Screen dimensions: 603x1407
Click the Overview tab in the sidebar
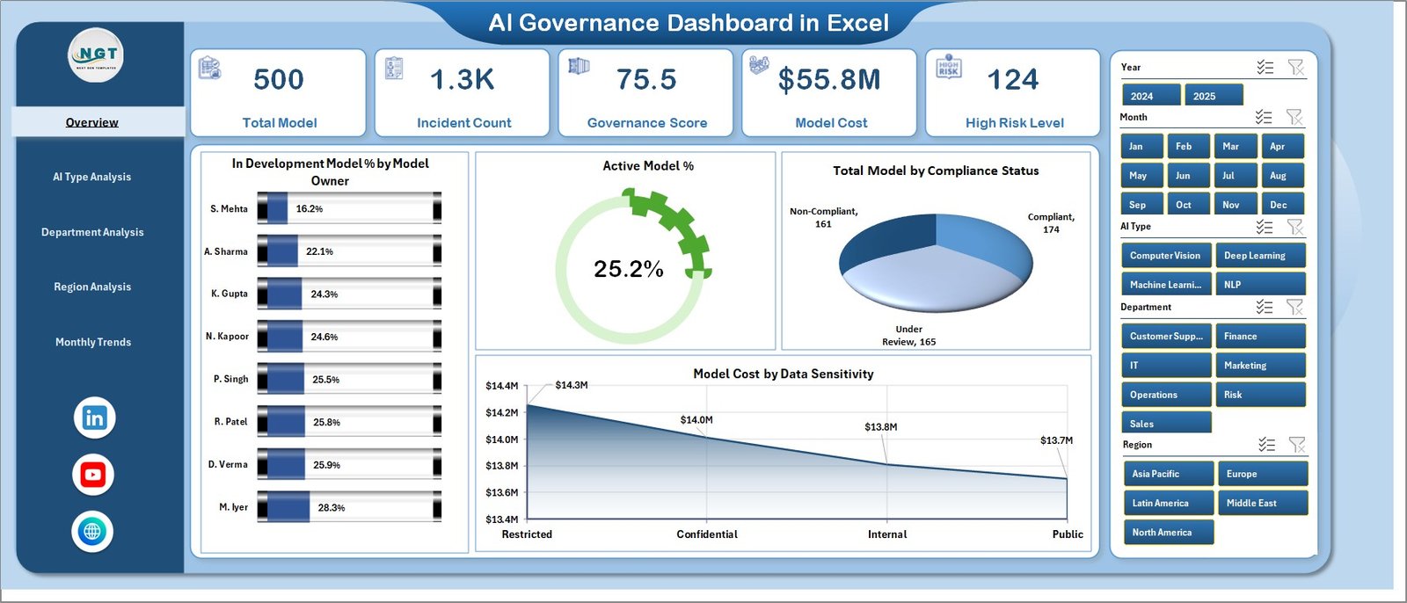(x=92, y=122)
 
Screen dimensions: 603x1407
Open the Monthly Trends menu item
(x=93, y=342)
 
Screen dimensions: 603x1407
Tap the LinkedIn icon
(x=94, y=418)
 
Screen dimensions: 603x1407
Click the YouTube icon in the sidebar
(x=93, y=475)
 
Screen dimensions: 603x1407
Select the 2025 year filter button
(x=1213, y=96)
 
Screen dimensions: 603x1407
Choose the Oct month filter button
(x=1184, y=205)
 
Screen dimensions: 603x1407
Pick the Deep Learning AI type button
(x=1259, y=256)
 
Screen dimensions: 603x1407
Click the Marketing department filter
(x=1259, y=366)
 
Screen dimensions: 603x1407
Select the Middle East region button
(x=1262, y=503)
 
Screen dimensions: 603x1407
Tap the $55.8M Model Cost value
(x=829, y=80)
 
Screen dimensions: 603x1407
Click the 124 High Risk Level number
(x=1013, y=80)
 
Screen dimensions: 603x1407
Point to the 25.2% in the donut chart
(x=628, y=269)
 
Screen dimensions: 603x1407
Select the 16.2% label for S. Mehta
(x=310, y=209)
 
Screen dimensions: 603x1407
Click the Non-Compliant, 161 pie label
(x=823, y=217)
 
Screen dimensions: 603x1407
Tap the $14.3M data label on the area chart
(x=572, y=385)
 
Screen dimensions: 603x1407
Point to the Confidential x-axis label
(x=707, y=534)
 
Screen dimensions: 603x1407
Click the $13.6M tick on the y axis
(x=501, y=492)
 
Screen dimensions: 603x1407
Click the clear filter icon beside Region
(x=1296, y=445)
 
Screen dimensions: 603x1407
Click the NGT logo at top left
(x=97, y=55)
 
